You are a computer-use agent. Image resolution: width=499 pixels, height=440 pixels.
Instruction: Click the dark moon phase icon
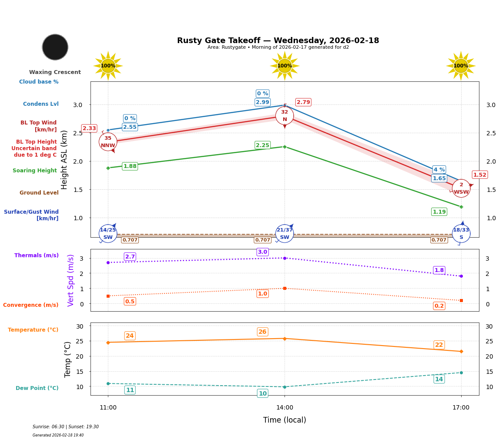coord(55,47)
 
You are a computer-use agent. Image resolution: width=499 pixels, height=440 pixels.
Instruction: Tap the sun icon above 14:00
coord(285,66)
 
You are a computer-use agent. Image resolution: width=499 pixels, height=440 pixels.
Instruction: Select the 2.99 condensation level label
coord(262,102)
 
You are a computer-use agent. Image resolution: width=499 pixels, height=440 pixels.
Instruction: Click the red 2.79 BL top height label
coord(303,102)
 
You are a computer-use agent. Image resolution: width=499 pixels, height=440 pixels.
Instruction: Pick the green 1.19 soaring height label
coord(439,212)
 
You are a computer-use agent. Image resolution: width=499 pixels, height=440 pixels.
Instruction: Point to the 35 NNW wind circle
coord(108,142)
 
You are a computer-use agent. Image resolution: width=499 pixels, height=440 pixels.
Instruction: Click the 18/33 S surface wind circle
coord(461,234)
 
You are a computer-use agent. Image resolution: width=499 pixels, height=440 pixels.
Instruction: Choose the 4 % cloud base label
coord(439,170)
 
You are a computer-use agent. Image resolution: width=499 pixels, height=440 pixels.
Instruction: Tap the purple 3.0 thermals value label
coord(262,252)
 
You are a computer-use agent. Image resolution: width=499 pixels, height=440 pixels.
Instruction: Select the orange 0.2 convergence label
coord(439,306)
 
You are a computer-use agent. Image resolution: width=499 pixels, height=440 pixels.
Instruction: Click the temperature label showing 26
coord(262,332)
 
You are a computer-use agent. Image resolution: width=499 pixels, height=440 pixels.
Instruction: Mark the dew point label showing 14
coord(439,379)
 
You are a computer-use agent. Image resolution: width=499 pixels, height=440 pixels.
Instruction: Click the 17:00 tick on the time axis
coord(461,408)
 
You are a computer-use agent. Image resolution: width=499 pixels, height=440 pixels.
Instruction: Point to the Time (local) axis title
coord(285,420)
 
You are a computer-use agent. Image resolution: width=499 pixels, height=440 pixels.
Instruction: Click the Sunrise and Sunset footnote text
coord(66,427)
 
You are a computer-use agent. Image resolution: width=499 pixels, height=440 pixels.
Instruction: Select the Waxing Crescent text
coord(55,72)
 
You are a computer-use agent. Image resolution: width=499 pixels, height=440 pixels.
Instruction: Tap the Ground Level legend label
coord(39,193)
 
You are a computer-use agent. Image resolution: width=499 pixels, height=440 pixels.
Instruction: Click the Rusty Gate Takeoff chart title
coord(278,40)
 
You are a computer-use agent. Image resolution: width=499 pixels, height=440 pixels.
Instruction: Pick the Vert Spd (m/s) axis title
coord(71,280)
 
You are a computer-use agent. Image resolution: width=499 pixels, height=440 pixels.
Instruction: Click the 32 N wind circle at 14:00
coord(285,115)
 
